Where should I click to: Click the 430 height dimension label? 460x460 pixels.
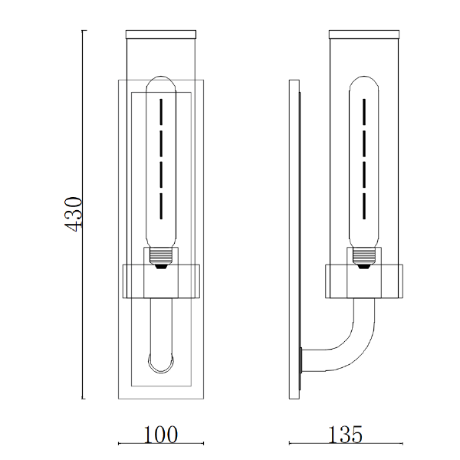tap(73, 214)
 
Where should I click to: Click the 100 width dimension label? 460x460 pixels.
tap(161, 435)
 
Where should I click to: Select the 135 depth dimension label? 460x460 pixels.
tap(345, 435)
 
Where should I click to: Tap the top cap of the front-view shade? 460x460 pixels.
tap(161, 34)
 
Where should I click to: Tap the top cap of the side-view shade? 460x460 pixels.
tap(364, 34)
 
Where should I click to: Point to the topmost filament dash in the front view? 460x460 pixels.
tap(161, 111)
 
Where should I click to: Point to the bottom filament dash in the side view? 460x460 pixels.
tap(364, 206)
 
